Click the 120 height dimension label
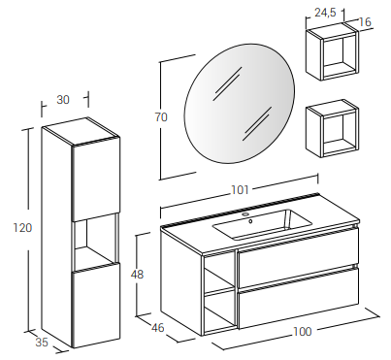tap(22, 228)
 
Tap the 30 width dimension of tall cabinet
tap(63, 100)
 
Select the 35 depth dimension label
tap(42, 342)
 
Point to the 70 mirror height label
tap(161, 116)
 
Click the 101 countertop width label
tap(240, 190)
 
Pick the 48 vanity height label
tap(137, 275)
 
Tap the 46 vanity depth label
tap(158, 328)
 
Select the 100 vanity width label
tap(303, 332)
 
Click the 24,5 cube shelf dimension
tap(325, 13)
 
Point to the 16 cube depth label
tap(365, 22)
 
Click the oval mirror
tap(240, 104)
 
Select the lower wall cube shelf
tap(332, 129)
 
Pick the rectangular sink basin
tap(262, 224)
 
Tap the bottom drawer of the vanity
tap(298, 297)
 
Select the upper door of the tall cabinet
tap(96, 180)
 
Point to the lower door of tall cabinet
tap(96, 305)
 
